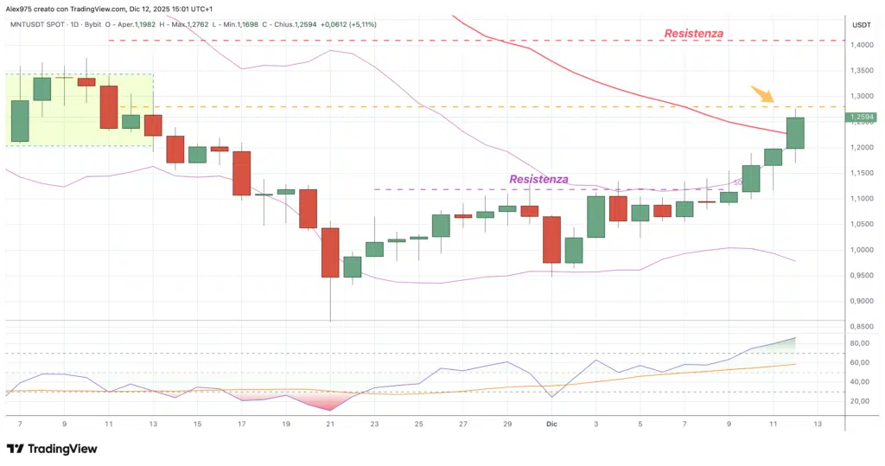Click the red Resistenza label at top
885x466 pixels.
[x=693, y=34]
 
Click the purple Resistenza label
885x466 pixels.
[x=538, y=179]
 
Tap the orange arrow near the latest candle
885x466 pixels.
[x=761, y=94]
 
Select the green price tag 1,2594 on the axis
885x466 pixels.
[x=862, y=117]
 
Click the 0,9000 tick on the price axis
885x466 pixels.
[x=862, y=301]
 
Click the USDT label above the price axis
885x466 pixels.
[x=861, y=24]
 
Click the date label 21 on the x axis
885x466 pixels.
[x=329, y=425]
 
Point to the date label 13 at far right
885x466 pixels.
[x=818, y=425]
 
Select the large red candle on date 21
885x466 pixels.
[x=330, y=252]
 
